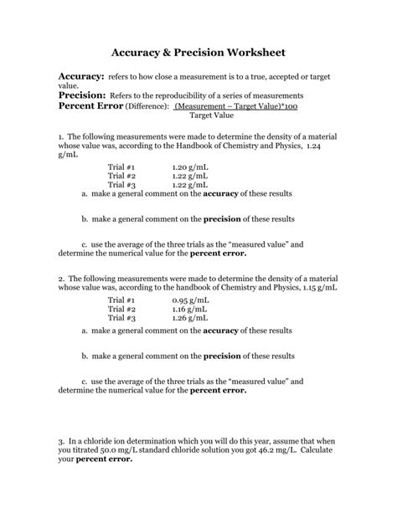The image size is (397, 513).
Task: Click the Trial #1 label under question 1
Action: pyautogui.click(x=121, y=167)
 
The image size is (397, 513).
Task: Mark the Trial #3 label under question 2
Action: pyautogui.click(x=121, y=318)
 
